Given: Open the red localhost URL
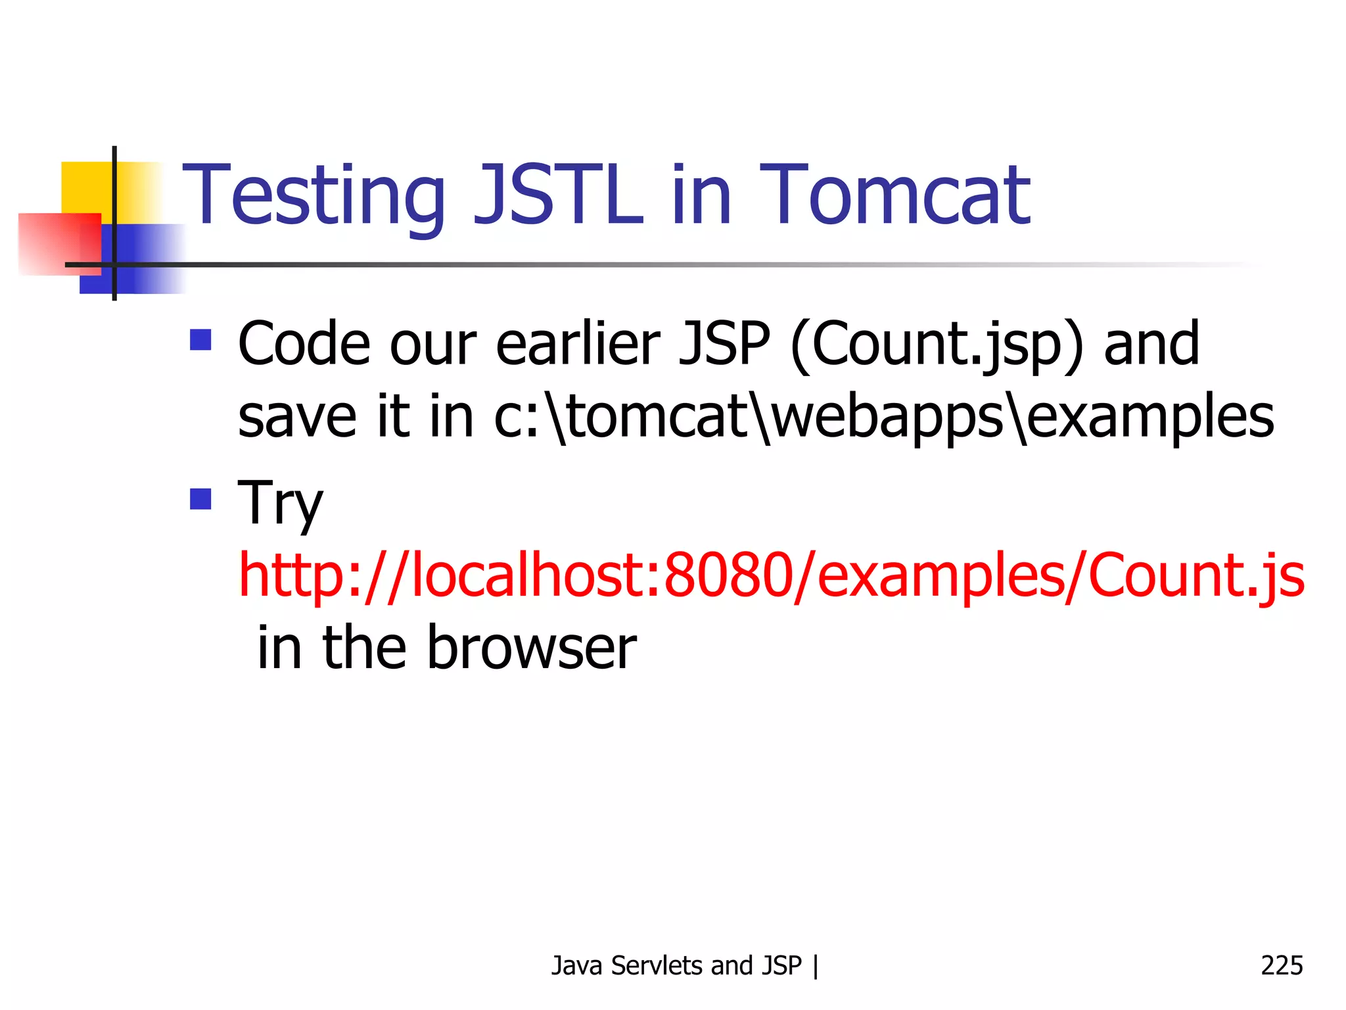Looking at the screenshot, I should click(x=771, y=575).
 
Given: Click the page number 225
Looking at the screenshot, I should click(x=1281, y=965).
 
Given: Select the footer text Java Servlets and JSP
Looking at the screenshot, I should click(x=676, y=965).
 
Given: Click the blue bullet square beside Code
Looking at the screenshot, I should click(x=200, y=340).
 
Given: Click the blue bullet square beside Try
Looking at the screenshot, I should click(x=200, y=499).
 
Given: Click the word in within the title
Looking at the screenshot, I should click(x=701, y=195).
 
